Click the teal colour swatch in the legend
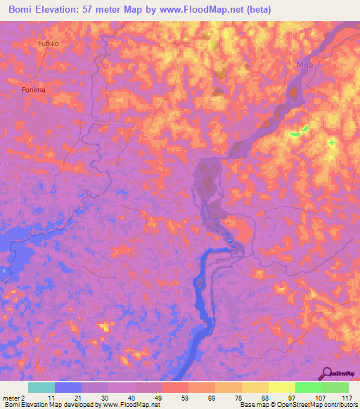click(41, 387)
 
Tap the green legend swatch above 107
click(308, 387)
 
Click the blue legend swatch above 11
click(67, 387)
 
